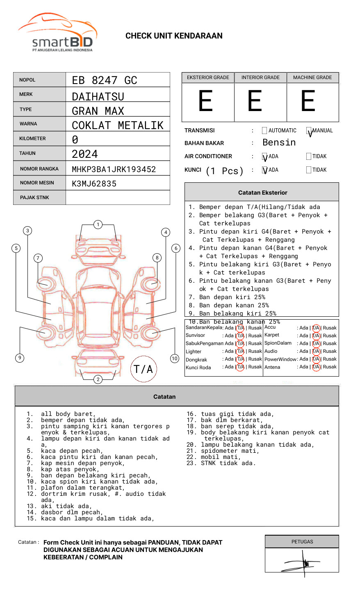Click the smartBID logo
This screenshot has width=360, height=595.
tap(57, 33)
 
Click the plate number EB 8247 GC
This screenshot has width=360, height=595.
tap(105, 80)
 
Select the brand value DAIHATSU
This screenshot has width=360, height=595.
tap(98, 97)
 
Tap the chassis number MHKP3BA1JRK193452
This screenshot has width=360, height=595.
tap(114, 169)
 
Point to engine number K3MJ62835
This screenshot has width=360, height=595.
tap(94, 184)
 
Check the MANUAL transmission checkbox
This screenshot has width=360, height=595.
tap(309, 131)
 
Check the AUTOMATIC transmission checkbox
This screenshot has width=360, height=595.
tap(264, 131)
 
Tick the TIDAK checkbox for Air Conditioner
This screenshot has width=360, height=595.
tap(309, 156)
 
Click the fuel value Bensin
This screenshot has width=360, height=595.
tap(279, 143)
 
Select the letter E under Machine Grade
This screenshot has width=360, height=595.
tap(308, 101)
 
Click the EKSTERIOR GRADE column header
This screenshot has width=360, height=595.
tap(208, 77)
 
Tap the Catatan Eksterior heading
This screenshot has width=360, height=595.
tap(262, 193)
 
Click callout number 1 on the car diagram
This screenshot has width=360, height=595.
tap(98, 225)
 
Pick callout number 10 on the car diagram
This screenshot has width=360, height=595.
tap(175, 359)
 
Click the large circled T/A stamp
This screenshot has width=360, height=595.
tap(144, 369)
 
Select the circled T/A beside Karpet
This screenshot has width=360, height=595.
tap(316, 336)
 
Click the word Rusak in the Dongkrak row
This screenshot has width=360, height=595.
tap(255, 359)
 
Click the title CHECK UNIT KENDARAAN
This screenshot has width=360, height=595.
tap(174, 36)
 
